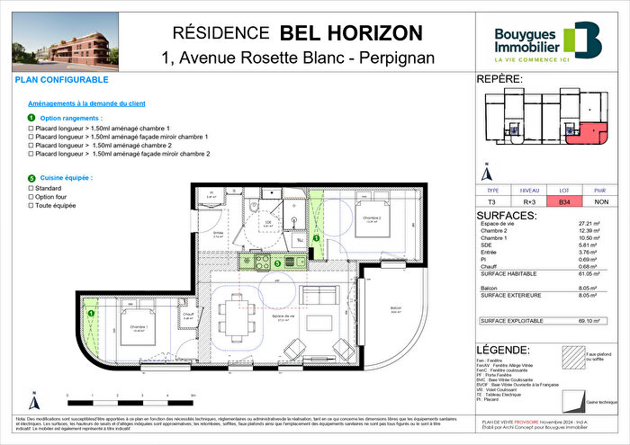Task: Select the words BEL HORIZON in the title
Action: click(350, 33)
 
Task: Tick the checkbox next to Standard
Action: click(31, 190)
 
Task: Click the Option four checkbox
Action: click(31, 198)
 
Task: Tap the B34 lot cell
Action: click(563, 203)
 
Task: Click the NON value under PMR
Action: click(600, 203)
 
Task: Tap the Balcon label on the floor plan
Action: click(395, 309)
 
